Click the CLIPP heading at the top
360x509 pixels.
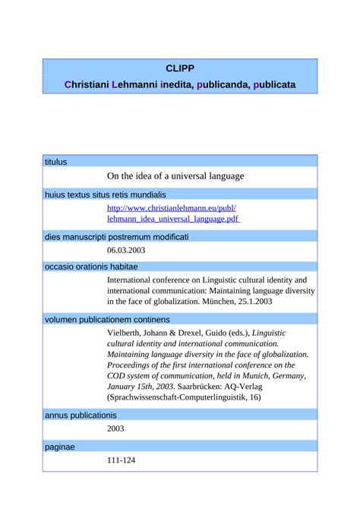click(180, 68)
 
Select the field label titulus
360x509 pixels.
click(56, 161)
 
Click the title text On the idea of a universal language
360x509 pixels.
click(175, 176)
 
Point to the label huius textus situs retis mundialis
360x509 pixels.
click(105, 194)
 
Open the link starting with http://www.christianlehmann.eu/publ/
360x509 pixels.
click(172, 207)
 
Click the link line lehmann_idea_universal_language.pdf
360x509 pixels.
click(173, 219)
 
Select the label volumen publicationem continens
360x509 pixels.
click(107, 319)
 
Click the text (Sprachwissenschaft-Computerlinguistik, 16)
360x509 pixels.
click(185, 397)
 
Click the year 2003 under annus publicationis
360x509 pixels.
click(116, 428)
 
